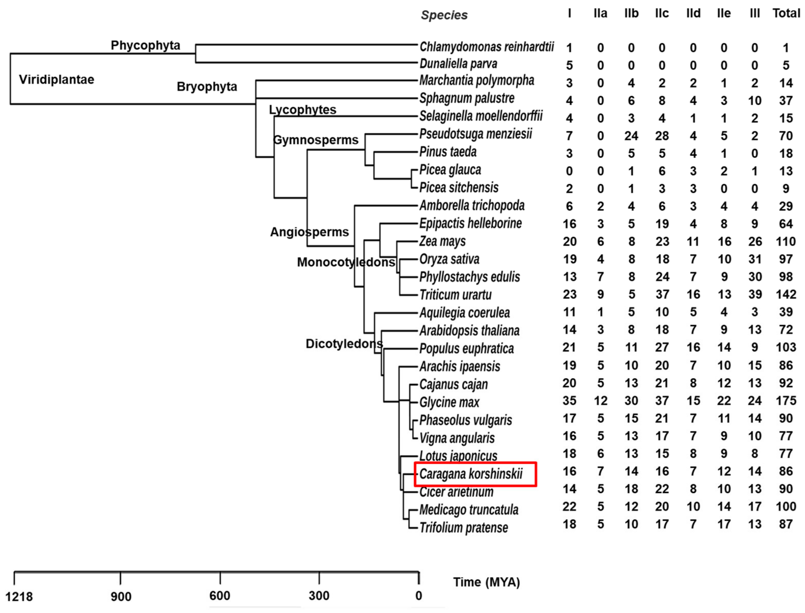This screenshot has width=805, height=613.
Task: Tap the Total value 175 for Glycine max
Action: pos(786,401)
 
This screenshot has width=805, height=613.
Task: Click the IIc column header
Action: pos(662,14)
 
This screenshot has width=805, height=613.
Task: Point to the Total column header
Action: pos(786,14)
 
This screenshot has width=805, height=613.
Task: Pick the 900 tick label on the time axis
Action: pos(121,597)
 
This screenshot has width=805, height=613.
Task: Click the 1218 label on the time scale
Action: pos(19,597)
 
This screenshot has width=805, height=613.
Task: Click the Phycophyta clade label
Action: pos(145,45)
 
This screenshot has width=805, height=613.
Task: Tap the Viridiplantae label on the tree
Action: pos(57,79)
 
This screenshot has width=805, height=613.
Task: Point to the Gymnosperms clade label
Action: pos(316,140)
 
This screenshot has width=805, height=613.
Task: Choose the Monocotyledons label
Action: pos(346,262)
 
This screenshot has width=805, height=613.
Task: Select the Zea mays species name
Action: pos(442,241)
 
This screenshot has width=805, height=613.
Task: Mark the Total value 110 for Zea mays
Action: pos(786,242)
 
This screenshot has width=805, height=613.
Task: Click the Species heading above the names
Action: pos(444,15)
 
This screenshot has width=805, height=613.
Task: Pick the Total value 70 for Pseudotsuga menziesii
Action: pos(786,136)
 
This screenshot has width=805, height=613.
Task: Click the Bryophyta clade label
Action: pos(207,86)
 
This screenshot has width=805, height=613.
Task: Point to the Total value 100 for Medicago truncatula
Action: pos(786,506)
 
